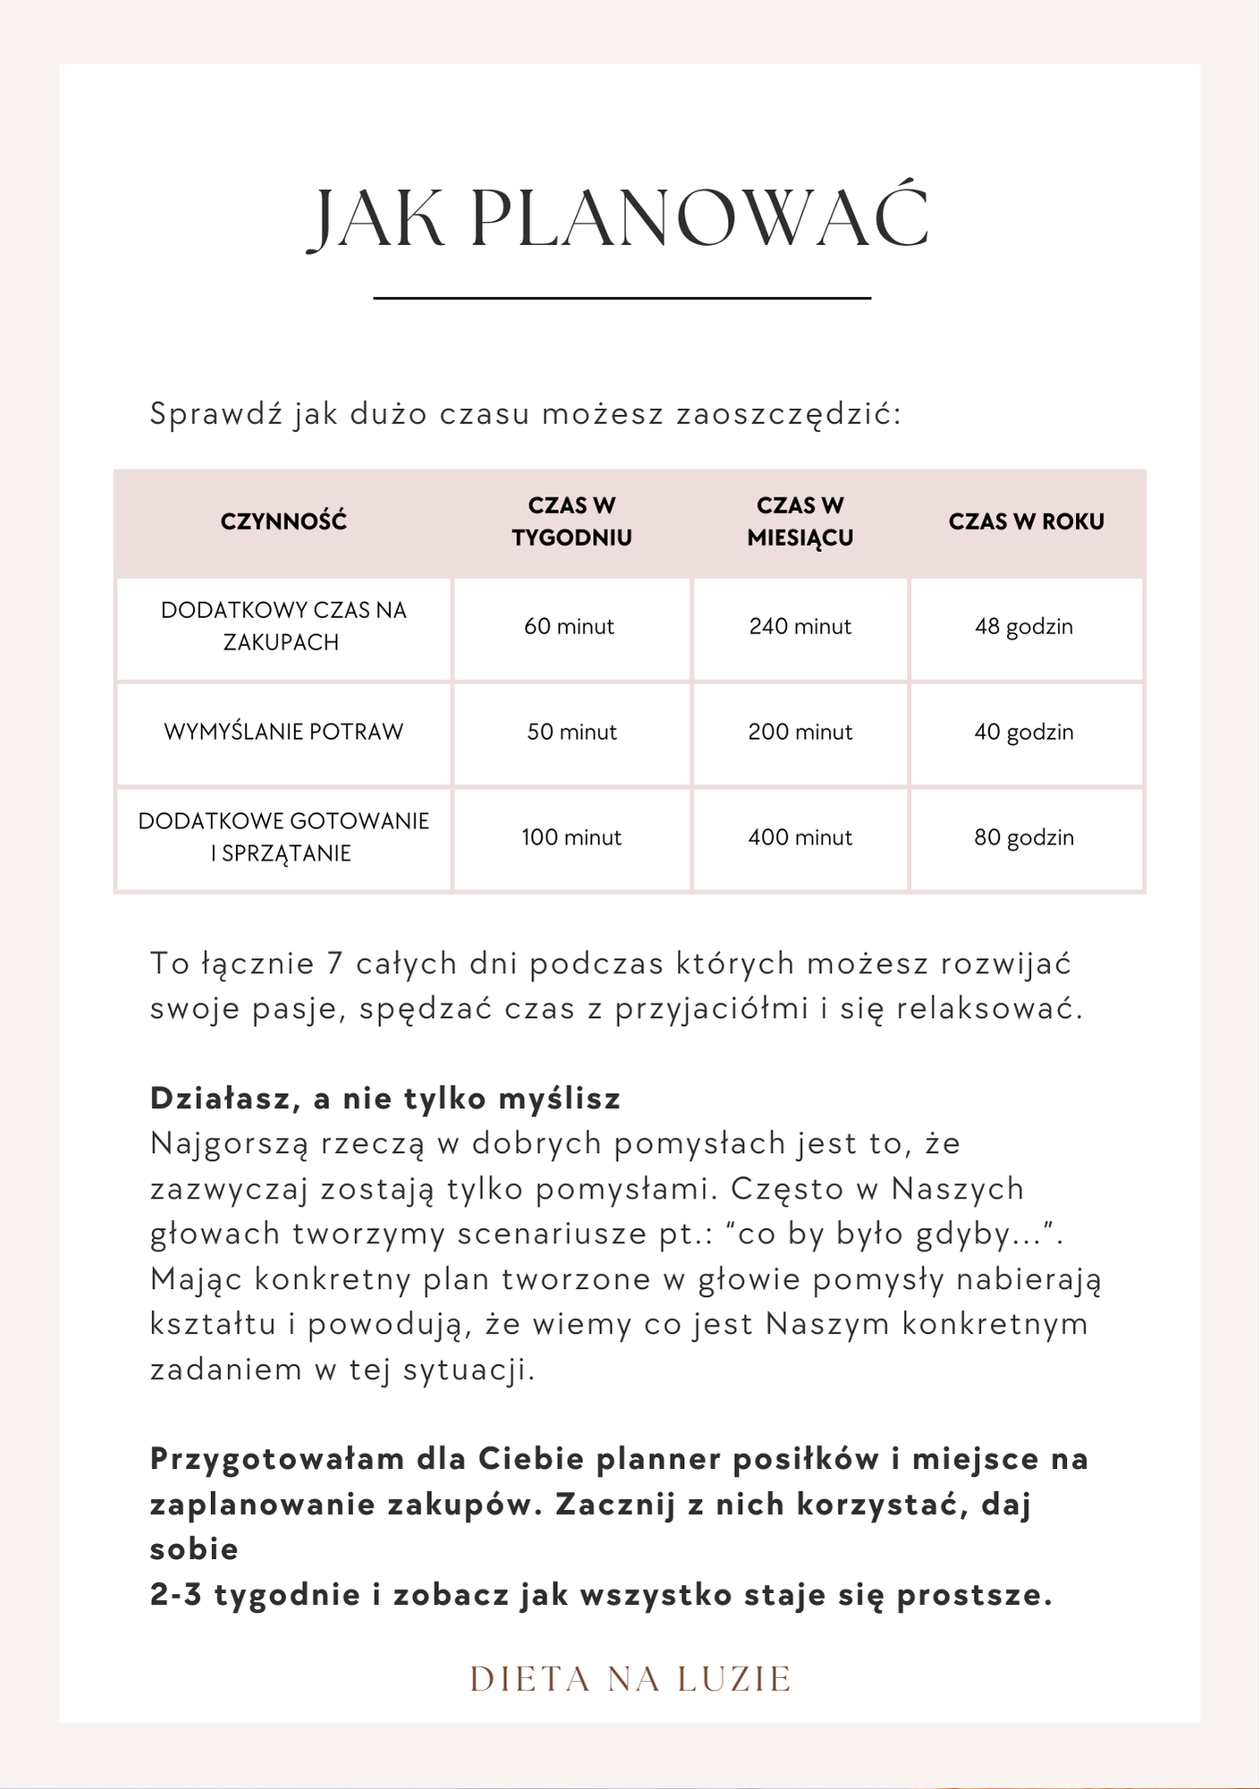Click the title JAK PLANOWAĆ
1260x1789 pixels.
point(619,218)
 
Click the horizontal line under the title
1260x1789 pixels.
point(622,298)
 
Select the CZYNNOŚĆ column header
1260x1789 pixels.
point(283,521)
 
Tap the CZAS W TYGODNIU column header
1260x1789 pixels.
point(571,521)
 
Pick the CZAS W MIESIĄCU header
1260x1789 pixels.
point(800,521)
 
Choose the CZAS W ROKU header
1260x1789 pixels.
point(1027,521)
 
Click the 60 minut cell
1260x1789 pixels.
point(570,627)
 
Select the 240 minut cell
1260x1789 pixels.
point(800,627)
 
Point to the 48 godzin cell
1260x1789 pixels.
point(1024,627)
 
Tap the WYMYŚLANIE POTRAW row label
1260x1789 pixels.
point(283,732)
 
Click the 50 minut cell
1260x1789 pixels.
point(571,733)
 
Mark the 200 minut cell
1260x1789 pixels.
point(800,733)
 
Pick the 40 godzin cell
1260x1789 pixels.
point(1024,733)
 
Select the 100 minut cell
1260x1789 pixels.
point(571,838)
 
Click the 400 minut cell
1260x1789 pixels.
point(800,838)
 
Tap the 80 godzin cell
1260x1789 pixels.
point(1024,838)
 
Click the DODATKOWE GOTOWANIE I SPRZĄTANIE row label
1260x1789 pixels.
point(283,837)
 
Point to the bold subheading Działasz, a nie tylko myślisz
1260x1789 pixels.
point(385,1098)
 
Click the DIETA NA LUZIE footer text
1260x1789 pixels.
point(630,1680)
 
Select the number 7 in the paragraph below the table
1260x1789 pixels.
point(335,964)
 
